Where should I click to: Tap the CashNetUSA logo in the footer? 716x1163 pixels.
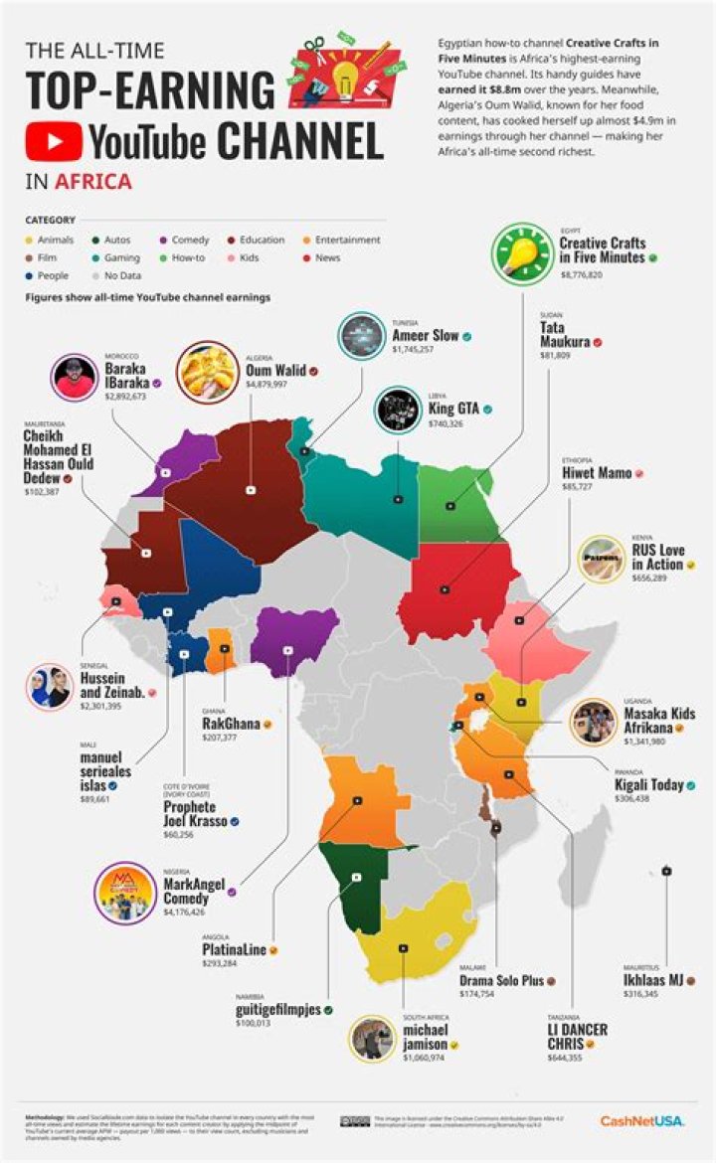(x=640, y=1121)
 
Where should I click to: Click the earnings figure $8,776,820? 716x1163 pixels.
(x=582, y=273)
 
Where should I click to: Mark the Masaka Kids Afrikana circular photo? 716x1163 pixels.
(x=594, y=723)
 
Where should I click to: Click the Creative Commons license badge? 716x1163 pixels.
(x=354, y=1121)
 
